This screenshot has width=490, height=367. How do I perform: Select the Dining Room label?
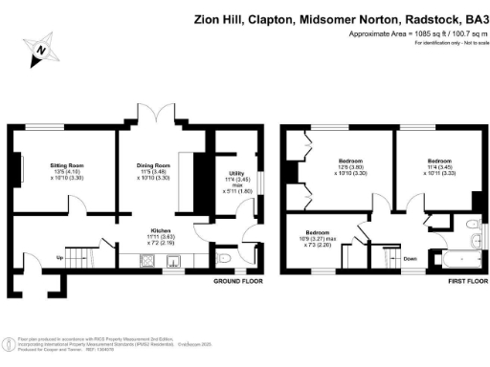click(153, 165)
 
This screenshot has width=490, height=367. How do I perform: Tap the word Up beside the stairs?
click(59, 258)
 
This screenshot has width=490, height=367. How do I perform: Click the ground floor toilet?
click(224, 257)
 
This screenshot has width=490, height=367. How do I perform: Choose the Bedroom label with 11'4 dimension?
click(438, 160)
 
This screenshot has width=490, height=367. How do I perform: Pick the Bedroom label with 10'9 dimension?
click(320, 232)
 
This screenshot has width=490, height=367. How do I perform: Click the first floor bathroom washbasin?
click(476, 223)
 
